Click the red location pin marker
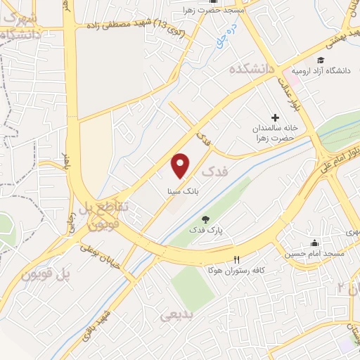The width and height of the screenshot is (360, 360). (x=181, y=165)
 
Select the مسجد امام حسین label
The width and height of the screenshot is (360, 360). (x=313, y=252)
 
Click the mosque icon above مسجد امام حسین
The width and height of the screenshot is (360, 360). (x=314, y=242)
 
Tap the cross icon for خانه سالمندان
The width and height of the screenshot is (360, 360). (x=275, y=117)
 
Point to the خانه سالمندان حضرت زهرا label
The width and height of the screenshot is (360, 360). (x=276, y=134)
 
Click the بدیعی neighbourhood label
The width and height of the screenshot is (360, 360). (x=176, y=316)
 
